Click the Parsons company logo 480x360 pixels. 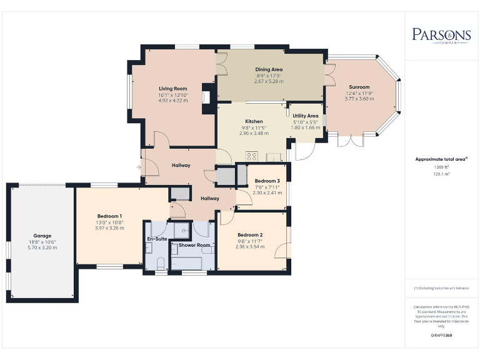click(441, 34)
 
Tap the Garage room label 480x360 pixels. click(42, 236)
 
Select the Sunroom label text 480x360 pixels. click(359, 87)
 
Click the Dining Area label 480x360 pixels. click(269, 69)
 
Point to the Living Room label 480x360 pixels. click(172, 89)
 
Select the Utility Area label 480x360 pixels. click(306, 116)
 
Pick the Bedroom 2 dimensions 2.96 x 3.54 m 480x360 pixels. click(249, 247)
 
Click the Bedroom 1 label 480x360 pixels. click(109, 216)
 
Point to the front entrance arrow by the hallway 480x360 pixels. click(139, 167)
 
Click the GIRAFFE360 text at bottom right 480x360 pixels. click(441, 336)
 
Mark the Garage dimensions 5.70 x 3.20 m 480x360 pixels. click(42, 247)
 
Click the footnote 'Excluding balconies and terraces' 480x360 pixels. click(441, 288)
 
